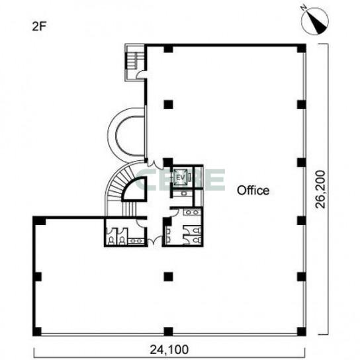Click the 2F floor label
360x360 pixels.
click(39, 27)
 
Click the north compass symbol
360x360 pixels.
click(315, 21)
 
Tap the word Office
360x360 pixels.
click(253, 191)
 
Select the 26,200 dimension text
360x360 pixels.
click(321, 189)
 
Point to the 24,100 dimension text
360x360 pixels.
click(169, 349)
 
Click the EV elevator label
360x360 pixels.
click(181, 177)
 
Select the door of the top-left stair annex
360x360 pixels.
click(140, 74)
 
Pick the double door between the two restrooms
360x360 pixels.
click(155, 241)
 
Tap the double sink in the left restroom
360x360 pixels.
click(136, 241)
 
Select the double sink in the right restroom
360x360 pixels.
click(192, 212)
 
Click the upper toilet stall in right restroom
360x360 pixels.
click(197, 230)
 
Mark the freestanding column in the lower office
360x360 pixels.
click(168, 277)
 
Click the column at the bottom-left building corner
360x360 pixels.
click(37, 332)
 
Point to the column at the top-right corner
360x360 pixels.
click(301, 48)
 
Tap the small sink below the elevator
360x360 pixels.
click(184, 193)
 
